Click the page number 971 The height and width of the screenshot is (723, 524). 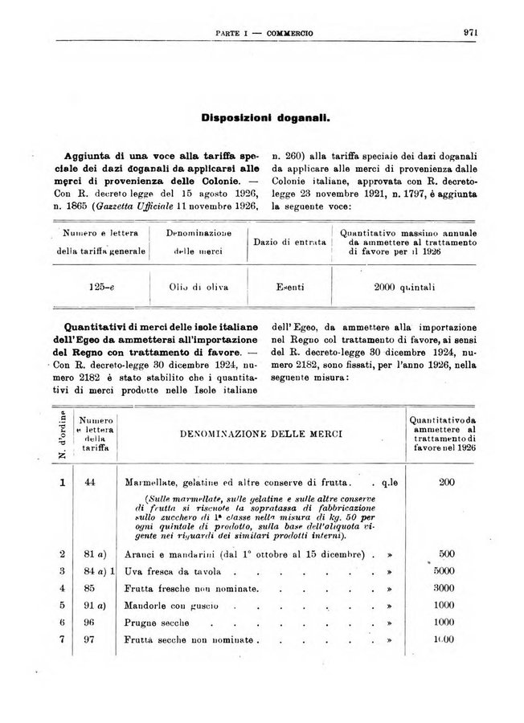click(x=471, y=33)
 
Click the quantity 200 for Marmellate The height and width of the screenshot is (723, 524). click(x=448, y=483)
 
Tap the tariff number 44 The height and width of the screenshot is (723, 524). click(x=89, y=483)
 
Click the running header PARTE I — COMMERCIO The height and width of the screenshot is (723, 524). click(x=264, y=33)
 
